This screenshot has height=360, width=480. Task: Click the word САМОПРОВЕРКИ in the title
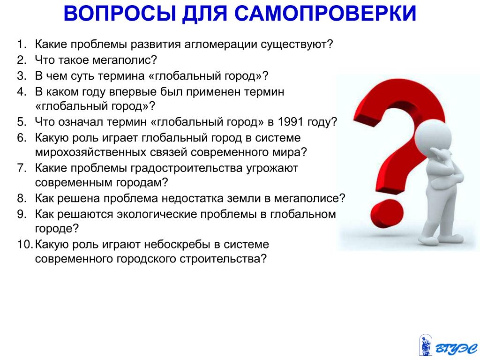coord(325,14)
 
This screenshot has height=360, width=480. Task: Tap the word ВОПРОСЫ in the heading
coord(120,14)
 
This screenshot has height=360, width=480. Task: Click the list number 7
coord(22,168)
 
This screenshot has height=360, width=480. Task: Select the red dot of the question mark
coord(387,213)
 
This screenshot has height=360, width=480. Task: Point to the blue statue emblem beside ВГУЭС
coord(425,345)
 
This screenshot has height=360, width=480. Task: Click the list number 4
coord(22,92)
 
